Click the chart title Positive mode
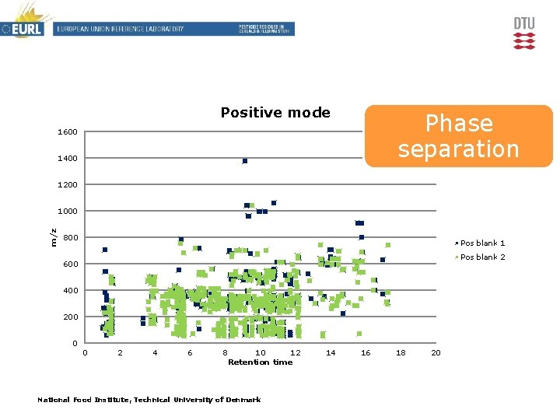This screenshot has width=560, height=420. [x=275, y=113]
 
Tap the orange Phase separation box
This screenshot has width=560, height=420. [x=458, y=136]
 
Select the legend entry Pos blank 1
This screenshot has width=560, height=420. [x=482, y=243]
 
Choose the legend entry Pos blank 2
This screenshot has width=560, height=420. [x=482, y=257]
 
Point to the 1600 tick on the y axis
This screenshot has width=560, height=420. [x=68, y=132]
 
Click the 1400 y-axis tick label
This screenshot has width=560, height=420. [x=68, y=159]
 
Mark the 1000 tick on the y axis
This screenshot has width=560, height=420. [x=68, y=212]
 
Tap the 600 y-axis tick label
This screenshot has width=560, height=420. [x=70, y=264]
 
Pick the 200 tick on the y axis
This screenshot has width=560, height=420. [x=70, y=317]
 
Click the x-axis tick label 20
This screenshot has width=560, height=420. [x=436, y=353]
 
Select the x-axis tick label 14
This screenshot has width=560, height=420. [x=331, y=353]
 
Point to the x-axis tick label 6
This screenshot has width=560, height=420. [x=190, y=353]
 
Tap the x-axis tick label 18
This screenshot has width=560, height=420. [x=401, y=353]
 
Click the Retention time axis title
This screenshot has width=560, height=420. [x=260, y=362]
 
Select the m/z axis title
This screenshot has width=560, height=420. [x=54, y=237]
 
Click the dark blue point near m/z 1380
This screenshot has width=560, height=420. [x=245, y=161]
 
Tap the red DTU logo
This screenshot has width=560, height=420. [x=524, y=33]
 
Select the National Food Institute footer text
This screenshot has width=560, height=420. [x=149, y=400]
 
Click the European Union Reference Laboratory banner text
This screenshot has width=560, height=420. [x=119, y=30]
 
